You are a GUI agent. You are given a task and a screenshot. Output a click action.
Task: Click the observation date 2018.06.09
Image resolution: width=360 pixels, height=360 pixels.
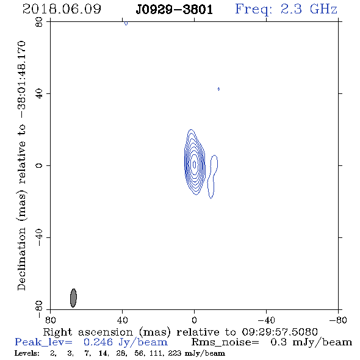point(62,9)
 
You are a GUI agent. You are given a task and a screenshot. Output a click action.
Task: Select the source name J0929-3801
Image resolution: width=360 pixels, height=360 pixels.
point(174,10)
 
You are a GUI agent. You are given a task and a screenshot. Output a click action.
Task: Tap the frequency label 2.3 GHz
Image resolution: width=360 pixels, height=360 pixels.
point(309,9)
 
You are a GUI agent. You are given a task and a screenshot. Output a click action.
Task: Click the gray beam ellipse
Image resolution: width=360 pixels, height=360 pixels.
point(73,298)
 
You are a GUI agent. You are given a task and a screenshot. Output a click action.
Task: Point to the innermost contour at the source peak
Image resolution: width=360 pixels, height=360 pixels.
point(195,164)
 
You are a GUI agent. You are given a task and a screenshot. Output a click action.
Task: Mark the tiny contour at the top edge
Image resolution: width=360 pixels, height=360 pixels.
point(126,23)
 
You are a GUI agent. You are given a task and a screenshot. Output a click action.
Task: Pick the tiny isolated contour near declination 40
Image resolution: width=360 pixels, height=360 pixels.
point(218,89)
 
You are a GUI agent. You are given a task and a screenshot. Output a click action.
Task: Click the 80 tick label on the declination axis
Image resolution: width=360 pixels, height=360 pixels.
point(39,22)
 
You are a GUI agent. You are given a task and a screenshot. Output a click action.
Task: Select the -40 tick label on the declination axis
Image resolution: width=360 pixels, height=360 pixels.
point(39,237)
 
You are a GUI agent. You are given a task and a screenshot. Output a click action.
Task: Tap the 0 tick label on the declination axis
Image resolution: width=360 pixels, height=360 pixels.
point(39,165)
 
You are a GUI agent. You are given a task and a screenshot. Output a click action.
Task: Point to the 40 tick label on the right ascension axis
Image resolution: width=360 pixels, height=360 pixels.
point(122,320)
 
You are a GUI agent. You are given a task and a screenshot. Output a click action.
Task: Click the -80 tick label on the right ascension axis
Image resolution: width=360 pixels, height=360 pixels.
point(338,320)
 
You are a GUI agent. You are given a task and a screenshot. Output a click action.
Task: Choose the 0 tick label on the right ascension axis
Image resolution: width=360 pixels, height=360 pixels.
point(194,320)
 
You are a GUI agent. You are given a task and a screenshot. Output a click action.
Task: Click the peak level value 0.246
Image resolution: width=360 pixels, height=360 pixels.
point(98,342)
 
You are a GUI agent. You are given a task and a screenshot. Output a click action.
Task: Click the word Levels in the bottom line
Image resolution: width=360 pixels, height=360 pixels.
point(27,353)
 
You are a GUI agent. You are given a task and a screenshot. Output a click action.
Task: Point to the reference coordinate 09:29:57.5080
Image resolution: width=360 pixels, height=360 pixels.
point(279,332)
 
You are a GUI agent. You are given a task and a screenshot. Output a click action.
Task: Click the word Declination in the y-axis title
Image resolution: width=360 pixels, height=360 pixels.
point(21,259)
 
